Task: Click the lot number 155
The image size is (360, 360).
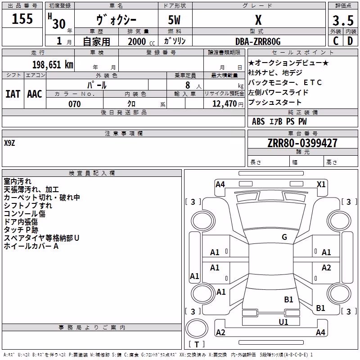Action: point(22,18)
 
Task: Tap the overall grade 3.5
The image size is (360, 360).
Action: point(343,20)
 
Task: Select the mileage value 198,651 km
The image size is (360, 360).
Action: point(53,65)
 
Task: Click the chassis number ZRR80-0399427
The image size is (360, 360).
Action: point(302,143)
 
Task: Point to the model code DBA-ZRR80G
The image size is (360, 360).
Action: point(258,41)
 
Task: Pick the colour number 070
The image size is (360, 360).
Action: point(75,104)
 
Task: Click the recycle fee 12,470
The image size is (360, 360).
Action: point(224,104)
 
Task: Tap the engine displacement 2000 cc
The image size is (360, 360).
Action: point(141,41)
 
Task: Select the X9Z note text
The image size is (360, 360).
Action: point(9,143)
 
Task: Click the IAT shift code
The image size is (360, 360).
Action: point(13,94)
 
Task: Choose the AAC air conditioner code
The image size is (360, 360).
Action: point(35,94)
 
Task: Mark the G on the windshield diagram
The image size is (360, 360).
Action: point(284,237)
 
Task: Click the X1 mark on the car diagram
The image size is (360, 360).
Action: point(321,184)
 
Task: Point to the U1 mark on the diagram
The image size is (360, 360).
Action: point(283,322)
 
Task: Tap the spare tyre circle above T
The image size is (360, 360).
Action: point(197,328)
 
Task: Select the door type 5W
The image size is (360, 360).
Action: point(174,20)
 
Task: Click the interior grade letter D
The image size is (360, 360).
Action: point(350,41)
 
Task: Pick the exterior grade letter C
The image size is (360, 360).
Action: point(336,41)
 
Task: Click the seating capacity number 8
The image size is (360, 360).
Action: point(188,85)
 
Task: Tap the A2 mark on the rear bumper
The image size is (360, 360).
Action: point(220,333)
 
